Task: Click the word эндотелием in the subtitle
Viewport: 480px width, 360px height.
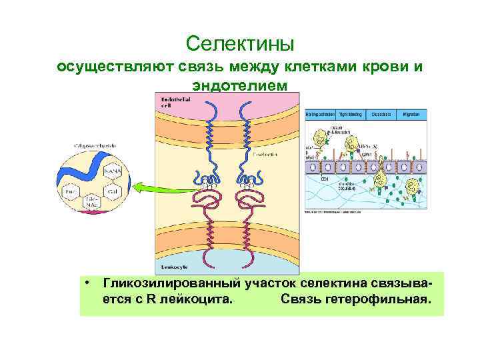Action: pos(240,86)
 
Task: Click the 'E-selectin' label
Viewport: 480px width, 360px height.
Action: pos(265,153)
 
